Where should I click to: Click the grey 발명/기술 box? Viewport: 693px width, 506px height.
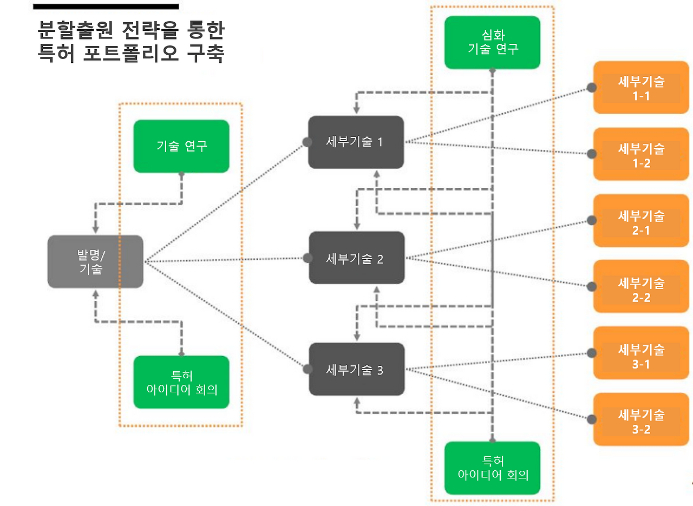[x=95, y=261]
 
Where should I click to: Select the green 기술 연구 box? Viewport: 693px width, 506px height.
[x=181, y=146]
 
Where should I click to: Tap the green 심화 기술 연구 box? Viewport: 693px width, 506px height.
[x=492, y=42]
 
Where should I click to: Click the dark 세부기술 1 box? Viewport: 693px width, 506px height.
[x=356, y=142]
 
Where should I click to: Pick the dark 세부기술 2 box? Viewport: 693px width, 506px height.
[x=356, y=258]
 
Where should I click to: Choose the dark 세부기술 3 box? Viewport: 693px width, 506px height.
[x=356, y=369]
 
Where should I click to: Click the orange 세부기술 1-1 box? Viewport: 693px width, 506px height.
[x=641, y=88]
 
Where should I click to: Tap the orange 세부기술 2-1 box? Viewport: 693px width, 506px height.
[x=641, y=221]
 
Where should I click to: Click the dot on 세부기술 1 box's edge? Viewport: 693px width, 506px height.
[x=307, y=142]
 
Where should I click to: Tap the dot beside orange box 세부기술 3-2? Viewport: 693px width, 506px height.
[x=592, y=420]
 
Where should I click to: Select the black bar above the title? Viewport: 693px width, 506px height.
[x=106, y=6]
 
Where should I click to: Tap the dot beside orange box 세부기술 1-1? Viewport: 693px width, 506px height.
[x=592, y=87]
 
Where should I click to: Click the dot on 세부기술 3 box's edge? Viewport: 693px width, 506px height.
[x=308, y=370]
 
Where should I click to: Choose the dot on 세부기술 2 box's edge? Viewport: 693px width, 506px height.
[x=308, y=258]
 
